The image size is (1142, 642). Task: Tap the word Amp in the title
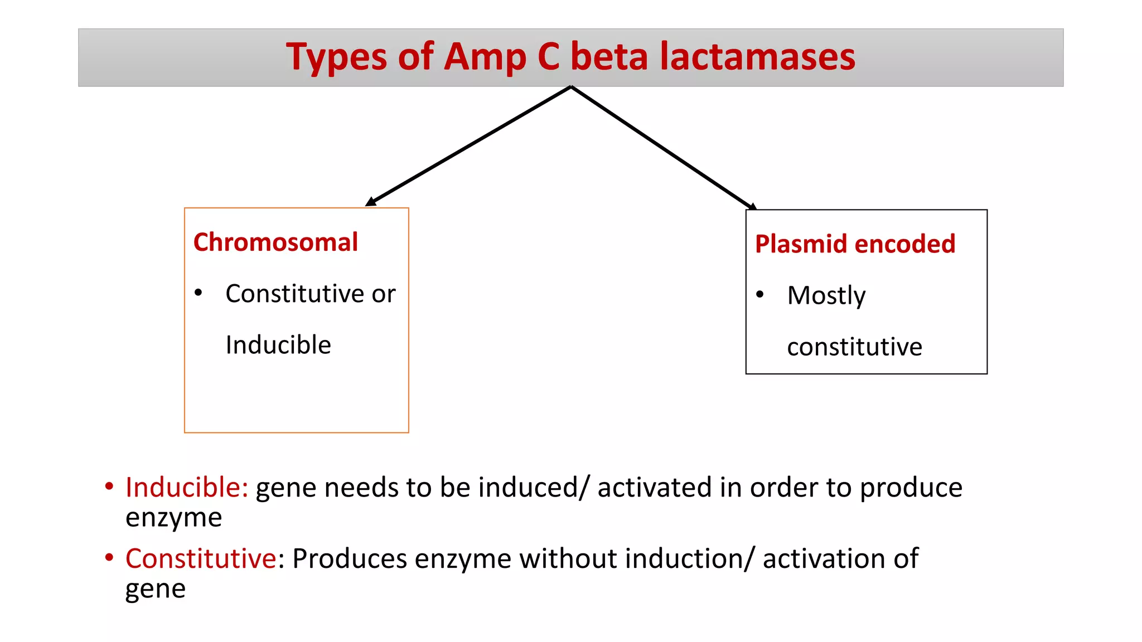click(484, 57)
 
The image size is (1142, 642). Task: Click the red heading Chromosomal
click(275, 242)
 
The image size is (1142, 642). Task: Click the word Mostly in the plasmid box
click(826, 295)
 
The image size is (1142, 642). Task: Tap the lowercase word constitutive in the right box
click(854, 347)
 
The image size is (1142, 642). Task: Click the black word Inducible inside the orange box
click(278, 345)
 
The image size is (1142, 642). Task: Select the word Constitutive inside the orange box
click(295, 294)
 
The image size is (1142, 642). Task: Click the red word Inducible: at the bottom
click(186, 488)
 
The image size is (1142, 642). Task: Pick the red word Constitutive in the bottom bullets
click(201, 558)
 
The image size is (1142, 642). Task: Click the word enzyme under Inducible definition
click(173, 518)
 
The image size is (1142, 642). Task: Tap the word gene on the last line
click(155, 589)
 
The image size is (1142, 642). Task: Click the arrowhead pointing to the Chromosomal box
click(370, 202)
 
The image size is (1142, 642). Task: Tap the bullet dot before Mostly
click(759, 294)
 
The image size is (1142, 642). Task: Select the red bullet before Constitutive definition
click(109, 557)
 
